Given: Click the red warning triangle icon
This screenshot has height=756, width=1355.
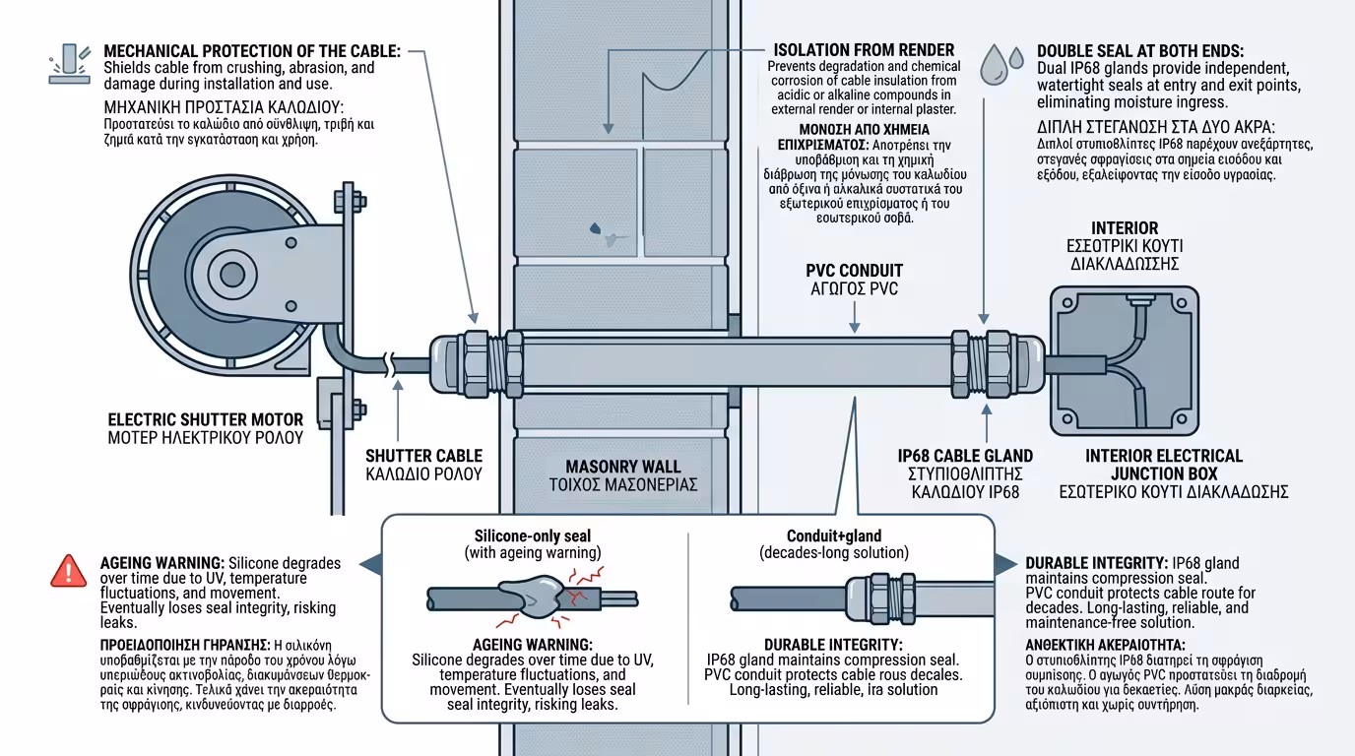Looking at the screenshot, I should [x=68, y=570].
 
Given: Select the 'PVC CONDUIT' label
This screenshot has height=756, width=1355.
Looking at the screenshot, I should [x=854, y=271].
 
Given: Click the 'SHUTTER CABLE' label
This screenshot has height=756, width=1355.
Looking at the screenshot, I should [x=423, y=456].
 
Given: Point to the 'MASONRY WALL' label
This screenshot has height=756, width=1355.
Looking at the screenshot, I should [x=623, y=466].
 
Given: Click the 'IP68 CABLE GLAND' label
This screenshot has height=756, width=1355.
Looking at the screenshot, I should [x=965, y=456].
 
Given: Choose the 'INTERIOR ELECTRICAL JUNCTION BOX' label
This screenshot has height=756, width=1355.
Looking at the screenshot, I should [x=1164, y=464].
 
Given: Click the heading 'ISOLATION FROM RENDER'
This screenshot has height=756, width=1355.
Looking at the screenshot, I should [x=864, y=50].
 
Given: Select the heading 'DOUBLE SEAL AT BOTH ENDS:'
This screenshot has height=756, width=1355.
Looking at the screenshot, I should [x=1139, y=50].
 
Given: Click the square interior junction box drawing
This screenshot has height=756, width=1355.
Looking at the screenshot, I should [x=1125, y=360].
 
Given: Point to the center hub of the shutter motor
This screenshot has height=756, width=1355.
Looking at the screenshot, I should [x=231, y=273].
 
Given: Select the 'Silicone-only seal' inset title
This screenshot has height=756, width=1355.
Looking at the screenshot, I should [x=533, y=535].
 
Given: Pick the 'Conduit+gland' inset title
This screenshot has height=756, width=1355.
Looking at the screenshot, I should [x=834, y=535].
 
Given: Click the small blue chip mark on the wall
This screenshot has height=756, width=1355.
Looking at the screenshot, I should [x=597, y=229].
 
